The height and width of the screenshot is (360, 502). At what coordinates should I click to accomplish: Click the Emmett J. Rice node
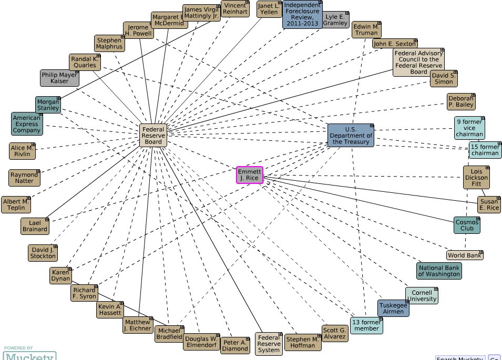(x=249, y=174)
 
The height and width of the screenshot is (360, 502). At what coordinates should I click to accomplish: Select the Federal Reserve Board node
(x=153, y=135)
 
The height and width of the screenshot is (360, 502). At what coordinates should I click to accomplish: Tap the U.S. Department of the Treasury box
(x=351, y=135)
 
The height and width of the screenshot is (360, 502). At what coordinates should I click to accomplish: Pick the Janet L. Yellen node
(x=270, y=9)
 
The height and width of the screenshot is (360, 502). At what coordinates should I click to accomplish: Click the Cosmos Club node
(x=467, y=225)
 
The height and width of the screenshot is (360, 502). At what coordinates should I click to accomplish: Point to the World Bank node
(x=465, y=255)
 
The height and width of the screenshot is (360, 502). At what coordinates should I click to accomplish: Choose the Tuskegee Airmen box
(x=393, y=308)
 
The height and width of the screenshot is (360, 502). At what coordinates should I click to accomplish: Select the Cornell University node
(x=422, y=295)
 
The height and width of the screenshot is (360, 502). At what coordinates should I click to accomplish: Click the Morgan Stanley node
(x=48, y=105)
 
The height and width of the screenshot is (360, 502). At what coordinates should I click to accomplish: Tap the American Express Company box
(x=27, y=124)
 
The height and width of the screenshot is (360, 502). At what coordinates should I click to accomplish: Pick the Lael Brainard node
(x=35, y=225)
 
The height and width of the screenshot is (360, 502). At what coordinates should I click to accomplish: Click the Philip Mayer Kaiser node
(x=59, y=78)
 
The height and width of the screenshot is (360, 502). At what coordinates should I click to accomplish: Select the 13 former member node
(x=366, y=325)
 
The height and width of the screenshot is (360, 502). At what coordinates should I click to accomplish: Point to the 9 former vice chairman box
(x=469, y=128)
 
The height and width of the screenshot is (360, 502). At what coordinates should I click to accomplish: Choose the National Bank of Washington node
(x=439, y=271)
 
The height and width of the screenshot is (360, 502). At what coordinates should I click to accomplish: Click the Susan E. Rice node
(x=489, y=204)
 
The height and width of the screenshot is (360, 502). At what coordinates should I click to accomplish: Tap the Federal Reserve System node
(x=269, y=344)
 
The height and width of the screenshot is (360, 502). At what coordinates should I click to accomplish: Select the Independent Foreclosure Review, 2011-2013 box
(x=302, y=14)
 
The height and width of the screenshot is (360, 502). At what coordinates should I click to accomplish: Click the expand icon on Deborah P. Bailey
(x=472, y=96)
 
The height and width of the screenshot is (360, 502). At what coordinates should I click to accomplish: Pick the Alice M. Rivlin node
(x=23, y=151)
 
